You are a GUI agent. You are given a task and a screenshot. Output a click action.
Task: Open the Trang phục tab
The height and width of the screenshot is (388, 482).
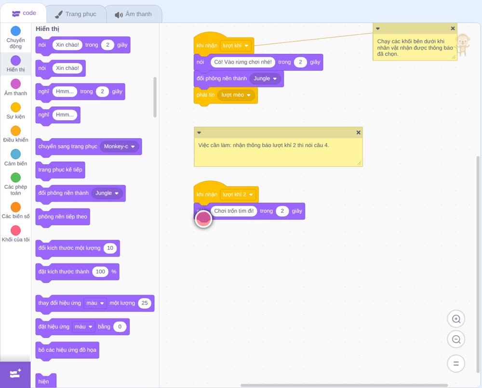coord(76,14)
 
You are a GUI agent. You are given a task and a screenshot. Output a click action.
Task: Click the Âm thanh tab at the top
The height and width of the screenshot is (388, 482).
coord(134,14)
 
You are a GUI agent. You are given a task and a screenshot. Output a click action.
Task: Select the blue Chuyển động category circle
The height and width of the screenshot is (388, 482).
coord(16,31)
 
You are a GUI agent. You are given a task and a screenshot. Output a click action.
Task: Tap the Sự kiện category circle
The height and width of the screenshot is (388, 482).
coord(16,107)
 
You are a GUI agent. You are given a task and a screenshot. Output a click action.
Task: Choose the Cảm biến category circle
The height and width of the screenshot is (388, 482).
coord(16,154)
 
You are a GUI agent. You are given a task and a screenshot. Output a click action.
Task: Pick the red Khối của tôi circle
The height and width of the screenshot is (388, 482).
coord(16,230)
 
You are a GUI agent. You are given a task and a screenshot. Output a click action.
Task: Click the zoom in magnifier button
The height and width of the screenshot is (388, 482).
coord(456,319)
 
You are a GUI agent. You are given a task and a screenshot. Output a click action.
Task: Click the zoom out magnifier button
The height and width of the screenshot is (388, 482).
coord(456,339)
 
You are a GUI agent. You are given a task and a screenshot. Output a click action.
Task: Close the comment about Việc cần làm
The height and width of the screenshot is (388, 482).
coord(358,132)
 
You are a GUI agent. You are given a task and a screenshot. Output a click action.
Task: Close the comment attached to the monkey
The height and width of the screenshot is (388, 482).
coord(453,28)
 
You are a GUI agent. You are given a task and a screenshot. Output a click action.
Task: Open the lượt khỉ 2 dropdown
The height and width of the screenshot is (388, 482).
coord(238,194)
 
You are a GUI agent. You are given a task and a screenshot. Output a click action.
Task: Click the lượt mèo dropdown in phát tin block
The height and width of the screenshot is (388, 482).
coord(236,95)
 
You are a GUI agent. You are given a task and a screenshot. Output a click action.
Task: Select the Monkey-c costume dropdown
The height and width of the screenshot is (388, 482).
coord(119,146)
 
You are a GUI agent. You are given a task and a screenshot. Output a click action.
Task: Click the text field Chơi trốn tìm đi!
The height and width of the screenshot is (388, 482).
coord(234,211)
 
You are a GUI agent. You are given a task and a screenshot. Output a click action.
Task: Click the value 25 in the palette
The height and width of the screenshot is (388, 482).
coord(145,303)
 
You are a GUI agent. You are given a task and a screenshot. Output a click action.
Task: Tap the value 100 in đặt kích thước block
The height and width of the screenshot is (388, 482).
coord(100,272)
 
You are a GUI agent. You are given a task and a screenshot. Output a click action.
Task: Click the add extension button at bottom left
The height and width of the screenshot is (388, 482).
coord(15,375)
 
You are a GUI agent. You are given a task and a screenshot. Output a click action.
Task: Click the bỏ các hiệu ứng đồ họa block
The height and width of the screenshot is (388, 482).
coord(67,350)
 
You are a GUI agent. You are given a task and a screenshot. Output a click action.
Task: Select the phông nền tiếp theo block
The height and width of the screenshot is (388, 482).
coord(63,217)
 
